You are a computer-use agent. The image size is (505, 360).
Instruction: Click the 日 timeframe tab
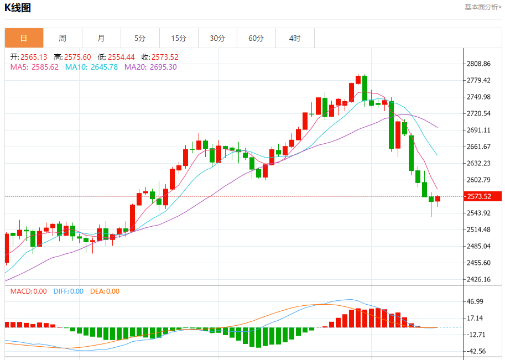(x=24, y=38)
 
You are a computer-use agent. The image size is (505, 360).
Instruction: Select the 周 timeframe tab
(x=63, y=38)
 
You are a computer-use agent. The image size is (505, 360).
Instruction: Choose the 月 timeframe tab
(x=101, y=38)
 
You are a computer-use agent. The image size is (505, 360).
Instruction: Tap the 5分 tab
(x=140, y=38)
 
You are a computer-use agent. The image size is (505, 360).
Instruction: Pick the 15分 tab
(x=179, y=38)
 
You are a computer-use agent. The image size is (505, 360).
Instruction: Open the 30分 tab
(x=217, y=38)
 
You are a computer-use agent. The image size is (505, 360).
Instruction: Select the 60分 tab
(x=256, y=38)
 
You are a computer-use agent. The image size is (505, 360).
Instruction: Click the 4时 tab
(x=295, y=38)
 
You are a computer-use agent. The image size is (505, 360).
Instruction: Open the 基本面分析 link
(x=483, y=7)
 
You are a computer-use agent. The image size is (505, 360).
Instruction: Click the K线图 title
(x=18, y=8)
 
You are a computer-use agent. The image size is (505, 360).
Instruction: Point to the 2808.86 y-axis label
(x=479, y=64)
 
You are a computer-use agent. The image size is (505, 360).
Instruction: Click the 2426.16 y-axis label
(x=479, y=279)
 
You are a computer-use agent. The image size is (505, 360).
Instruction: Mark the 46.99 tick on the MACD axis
(x=476, y=301)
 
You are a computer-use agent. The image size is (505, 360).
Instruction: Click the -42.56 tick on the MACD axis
(x=476, y=351)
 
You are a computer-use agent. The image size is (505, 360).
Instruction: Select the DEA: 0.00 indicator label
(x=105, y=291)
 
